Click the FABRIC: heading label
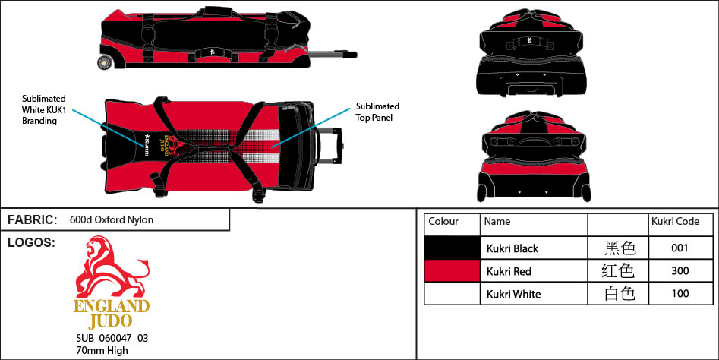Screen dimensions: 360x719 32,219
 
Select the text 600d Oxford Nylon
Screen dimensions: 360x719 112,220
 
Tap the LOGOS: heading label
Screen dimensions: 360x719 30,242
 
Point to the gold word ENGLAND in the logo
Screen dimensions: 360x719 112,307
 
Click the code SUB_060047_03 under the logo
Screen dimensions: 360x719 106,338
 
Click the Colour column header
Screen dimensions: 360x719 443,222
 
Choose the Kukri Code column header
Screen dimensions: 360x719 675,222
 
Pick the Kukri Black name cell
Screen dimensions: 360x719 512,248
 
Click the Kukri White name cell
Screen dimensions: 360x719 513,294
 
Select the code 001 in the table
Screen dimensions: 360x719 680,248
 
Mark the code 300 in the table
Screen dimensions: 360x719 680,271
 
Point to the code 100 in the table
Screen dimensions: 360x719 680,294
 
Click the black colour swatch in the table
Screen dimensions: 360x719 452,248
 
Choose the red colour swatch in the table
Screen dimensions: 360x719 452,271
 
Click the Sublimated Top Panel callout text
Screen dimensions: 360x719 377,112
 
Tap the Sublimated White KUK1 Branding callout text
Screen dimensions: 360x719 45,110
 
